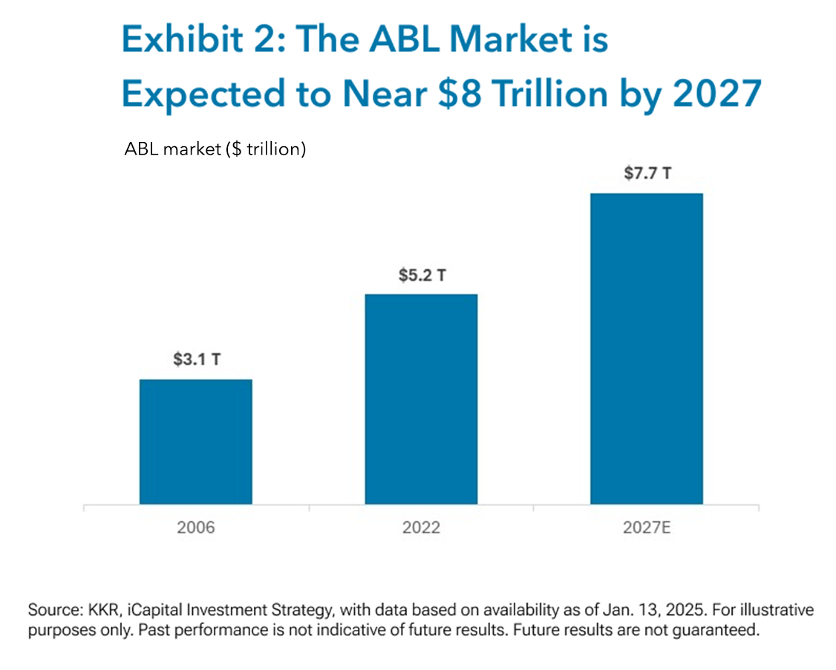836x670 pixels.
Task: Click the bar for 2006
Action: [x=196, y=442]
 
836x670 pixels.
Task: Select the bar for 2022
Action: [x=421, y=400]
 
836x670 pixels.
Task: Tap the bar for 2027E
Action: [x=646, y=349]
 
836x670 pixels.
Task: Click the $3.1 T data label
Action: [x=196, y=360]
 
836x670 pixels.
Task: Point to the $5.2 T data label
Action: [x=421, y=275]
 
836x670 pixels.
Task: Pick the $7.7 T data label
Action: [x=647, y=175]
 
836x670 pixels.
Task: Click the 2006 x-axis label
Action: [x=196, y=528]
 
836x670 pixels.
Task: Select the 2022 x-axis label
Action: [x=421, y=528]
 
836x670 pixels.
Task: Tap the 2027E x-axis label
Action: [x=647, y=528]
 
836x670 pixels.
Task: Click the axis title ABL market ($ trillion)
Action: [x=215, y=149]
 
